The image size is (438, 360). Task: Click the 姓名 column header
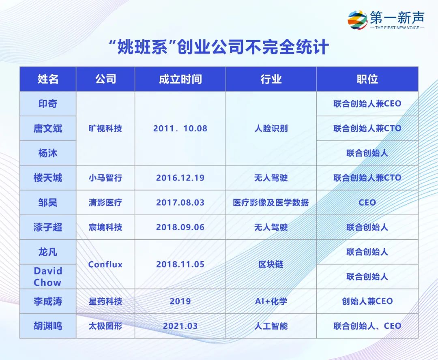[x=48, y=79]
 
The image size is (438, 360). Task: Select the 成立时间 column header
[x=180, y=79]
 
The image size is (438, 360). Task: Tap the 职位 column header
[x=367, y=79]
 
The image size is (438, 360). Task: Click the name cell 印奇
[x=48, y=104]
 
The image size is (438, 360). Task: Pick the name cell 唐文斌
[x=48, y=129]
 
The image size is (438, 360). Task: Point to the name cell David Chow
[x=48, y=276]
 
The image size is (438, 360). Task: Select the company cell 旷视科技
[x=105, y=129]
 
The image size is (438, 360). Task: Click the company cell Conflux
[x=105, y=264]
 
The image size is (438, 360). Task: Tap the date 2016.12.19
[x=180, y=178]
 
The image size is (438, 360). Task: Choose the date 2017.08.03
[x=180, y=202]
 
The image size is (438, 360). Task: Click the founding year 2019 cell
[x=180, y=301]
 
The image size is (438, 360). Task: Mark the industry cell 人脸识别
[x=271, y=129]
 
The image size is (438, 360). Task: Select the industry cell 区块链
[x=271, y=264]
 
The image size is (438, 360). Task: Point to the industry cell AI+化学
[x=271, y=301]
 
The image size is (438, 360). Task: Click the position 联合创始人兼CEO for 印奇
[x=367, y=104]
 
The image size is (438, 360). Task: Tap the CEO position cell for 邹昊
[x=367, y=202]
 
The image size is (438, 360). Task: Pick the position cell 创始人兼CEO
[x=367, y=301]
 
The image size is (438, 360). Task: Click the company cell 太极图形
[x=105, y=326]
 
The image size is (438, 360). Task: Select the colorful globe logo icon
[x=357, y=20]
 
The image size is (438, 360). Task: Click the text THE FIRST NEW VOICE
[x=397, y=28]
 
